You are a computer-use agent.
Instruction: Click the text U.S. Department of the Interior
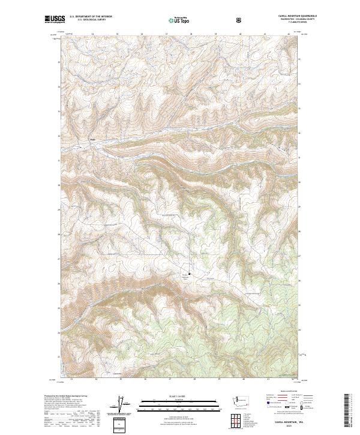(x=91, y=16)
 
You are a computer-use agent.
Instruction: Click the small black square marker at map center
(x=190, y=275)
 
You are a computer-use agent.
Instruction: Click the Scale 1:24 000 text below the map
(x=171, y=395)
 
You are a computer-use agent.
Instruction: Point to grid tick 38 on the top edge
(x=191, y=34)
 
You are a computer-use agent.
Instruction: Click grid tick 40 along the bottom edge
(x=244, y=379)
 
